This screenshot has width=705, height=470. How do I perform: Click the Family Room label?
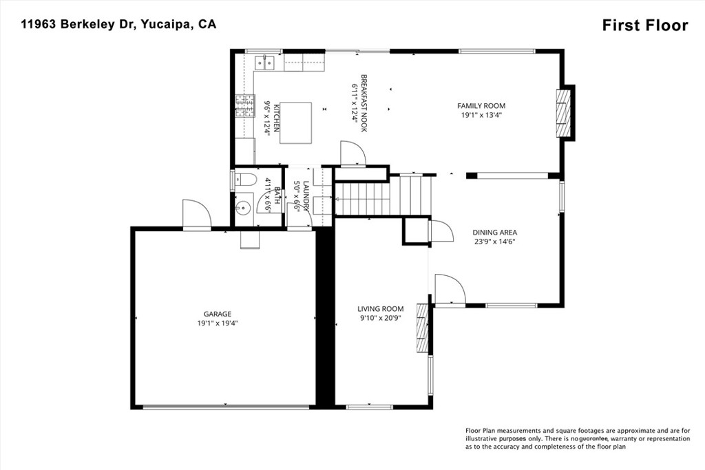click(481, 106)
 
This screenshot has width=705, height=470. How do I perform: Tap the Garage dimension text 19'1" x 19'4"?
click(217, 323)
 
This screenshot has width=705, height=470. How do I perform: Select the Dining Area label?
click(494, 233)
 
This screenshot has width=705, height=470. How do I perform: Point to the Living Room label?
click(380, 309)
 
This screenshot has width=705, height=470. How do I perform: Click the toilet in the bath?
click(244, 180)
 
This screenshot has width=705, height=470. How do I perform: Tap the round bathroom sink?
click(244, 207)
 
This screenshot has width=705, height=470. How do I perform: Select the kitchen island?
click(295, 122)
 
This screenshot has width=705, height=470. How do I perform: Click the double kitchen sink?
click(265, 63)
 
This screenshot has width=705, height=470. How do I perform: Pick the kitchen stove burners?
click(244, 107)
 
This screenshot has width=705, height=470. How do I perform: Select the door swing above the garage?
click(196, 214)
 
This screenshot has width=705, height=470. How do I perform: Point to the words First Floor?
click(645, 25)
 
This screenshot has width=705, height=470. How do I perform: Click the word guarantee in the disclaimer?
click(593, 438)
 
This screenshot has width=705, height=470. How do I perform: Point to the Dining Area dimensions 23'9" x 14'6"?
click(494, 242)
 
